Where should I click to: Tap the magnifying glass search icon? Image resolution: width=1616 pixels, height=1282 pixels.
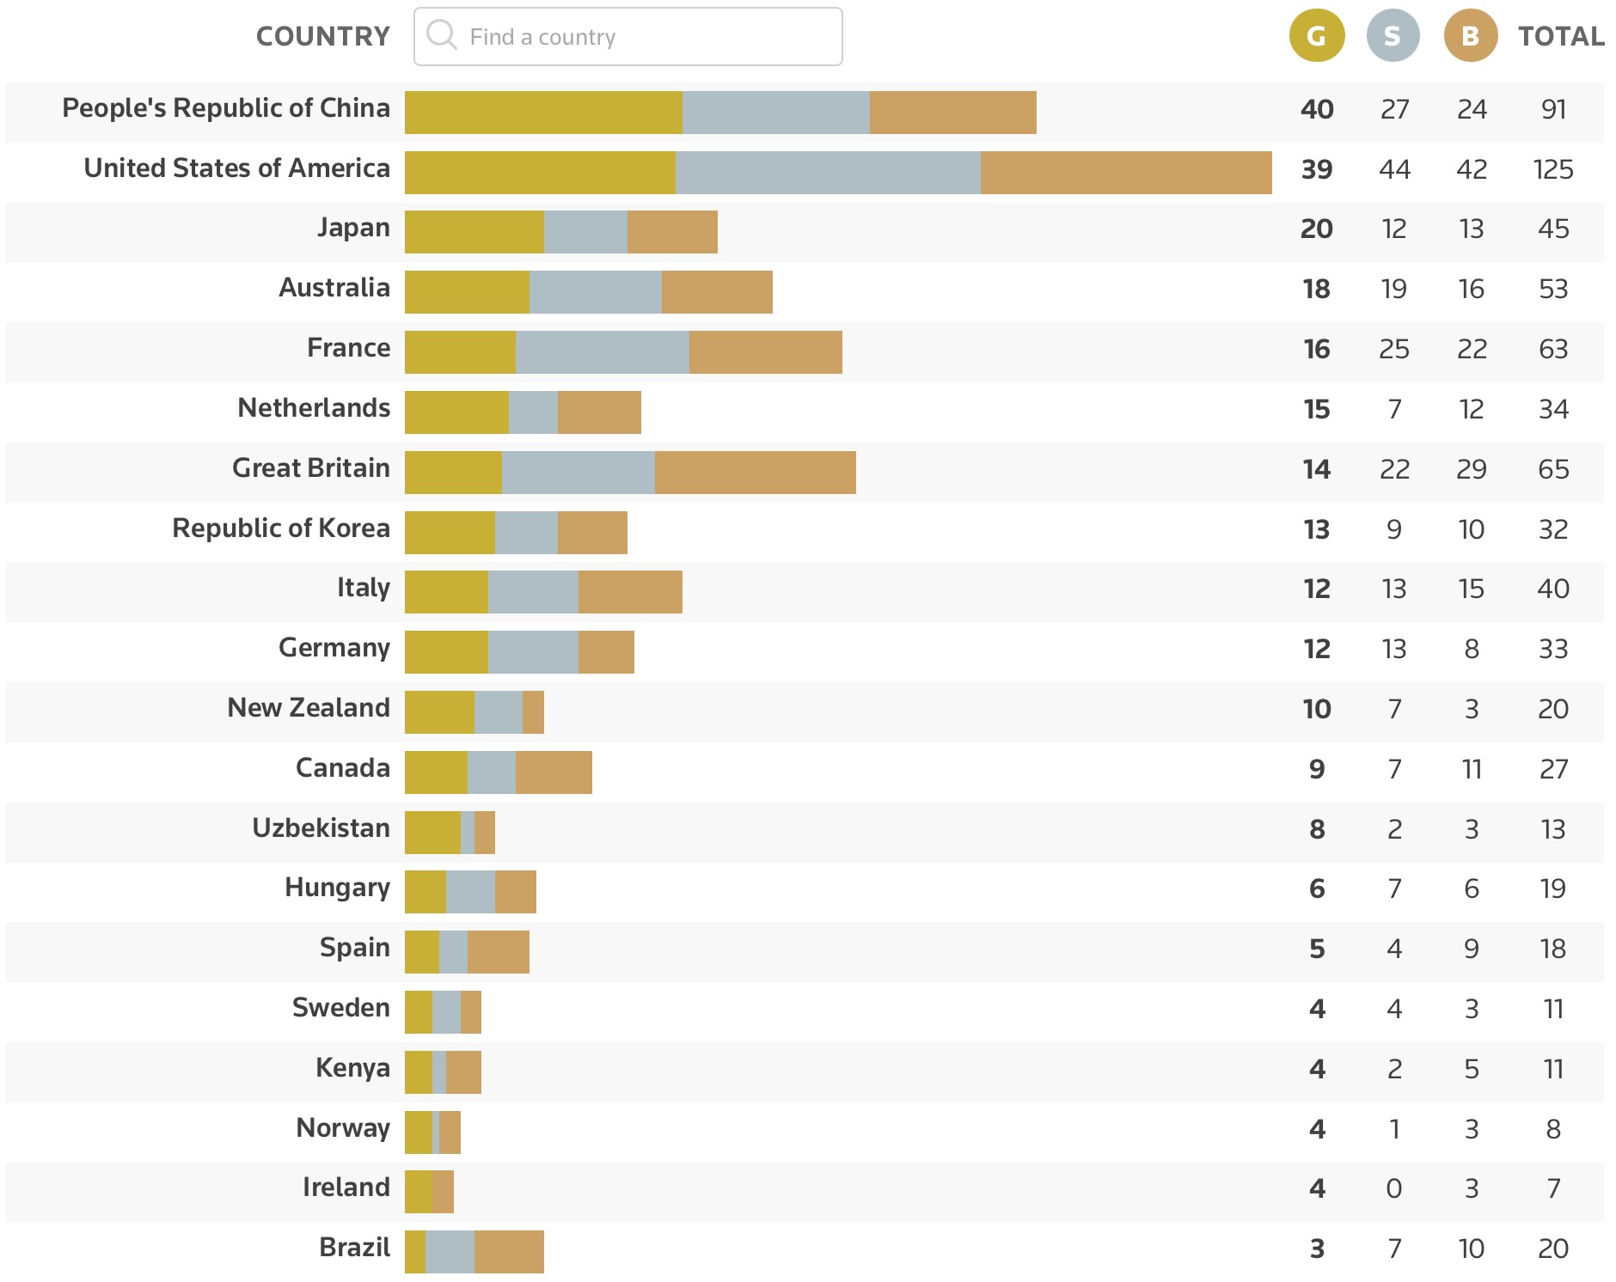tap(442, 35)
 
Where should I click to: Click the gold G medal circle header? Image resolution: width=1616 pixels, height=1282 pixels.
tap(1316, 36)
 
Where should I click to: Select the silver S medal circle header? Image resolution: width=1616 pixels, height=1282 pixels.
tap(1393, 36)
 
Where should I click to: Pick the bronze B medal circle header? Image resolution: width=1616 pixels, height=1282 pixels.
tap(1470, 36)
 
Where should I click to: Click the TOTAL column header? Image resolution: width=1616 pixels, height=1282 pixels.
tap(1561, 36)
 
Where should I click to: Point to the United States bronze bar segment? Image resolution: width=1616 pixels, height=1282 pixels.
tap(1126, 173)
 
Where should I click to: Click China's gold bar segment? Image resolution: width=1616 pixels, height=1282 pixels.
tap(543, 113)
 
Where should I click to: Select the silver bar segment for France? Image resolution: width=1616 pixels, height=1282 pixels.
tap(602, 352)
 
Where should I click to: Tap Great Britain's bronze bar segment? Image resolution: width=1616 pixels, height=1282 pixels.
tap(755, 473)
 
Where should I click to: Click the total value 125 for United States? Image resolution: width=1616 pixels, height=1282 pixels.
tap(1553, 169)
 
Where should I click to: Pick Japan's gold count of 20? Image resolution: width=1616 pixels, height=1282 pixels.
tap(1316, 229)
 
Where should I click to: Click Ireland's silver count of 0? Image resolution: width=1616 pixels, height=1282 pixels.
tap(1393, 1188)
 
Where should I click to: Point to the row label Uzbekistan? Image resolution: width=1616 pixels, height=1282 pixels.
tap(321, 827)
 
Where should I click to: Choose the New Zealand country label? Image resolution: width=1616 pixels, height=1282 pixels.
tap(309, 707)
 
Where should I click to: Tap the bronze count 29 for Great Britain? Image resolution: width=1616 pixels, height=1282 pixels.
tap(1471, 469)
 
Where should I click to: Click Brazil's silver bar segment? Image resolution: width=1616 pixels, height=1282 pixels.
tap(450, 1252)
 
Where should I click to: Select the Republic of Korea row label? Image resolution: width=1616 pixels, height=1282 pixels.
tap(281, 528)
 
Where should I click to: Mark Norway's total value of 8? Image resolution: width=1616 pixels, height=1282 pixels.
tap(1553, 1129)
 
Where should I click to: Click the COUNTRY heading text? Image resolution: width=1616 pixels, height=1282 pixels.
tap(323, 36)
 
